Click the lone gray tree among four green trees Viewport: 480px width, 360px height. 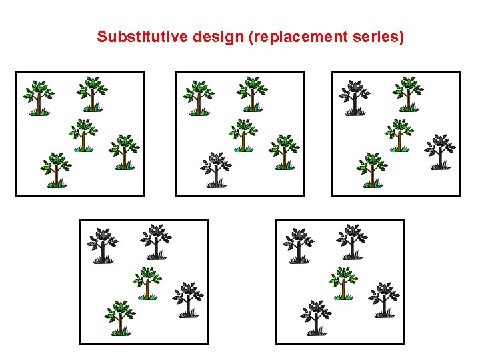tap(215, 169)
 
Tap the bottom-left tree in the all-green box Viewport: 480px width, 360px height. tap(56, 169)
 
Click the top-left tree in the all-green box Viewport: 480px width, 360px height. tap(39, 97)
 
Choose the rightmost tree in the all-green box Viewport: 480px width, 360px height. tap(123, 151)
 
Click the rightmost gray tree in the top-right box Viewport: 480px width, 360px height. tap(440, 151)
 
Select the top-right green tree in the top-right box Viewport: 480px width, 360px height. tap(408, 93)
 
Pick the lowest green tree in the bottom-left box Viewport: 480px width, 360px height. tap(120, 317)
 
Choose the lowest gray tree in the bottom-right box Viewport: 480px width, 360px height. tap(316, 317)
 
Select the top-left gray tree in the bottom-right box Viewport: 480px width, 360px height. tap(298, 245)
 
